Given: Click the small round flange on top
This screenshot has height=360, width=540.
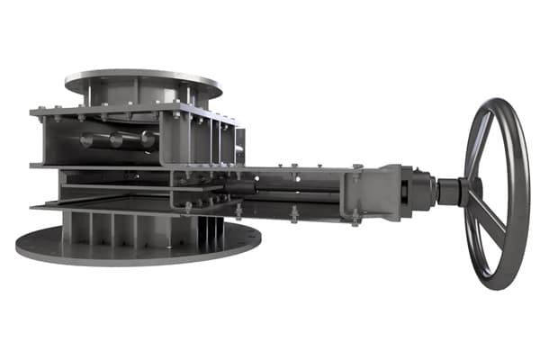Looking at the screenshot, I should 144,79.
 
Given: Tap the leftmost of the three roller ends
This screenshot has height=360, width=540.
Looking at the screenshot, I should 87,139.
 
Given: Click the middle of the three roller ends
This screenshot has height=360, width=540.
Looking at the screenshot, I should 115,140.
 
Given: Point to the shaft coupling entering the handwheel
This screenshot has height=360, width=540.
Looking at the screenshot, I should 447,191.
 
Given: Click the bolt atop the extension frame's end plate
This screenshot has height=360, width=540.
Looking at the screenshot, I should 357,167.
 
